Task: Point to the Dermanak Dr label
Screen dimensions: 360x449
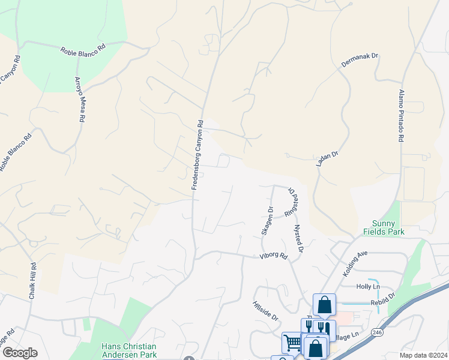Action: point(359,63)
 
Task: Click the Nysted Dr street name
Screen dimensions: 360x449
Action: point(297,239)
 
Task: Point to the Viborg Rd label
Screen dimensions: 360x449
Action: point(274,256)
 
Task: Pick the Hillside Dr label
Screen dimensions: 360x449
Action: point(265,310)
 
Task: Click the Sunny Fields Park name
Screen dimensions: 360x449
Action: point(384,227)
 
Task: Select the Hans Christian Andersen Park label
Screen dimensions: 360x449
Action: point(128,350)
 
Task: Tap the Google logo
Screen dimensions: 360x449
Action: point(20,353)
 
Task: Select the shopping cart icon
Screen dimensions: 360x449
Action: point(292,343)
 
